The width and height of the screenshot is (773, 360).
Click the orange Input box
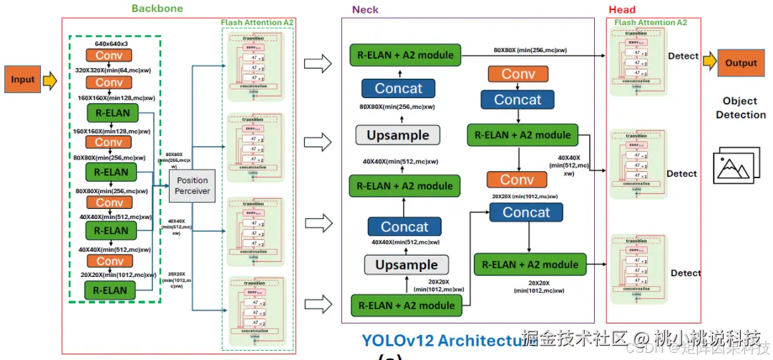22,79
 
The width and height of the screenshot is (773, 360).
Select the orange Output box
741,63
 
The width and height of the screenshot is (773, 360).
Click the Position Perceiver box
193,185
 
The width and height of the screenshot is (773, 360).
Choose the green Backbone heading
157,9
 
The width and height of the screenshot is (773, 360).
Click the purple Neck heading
365,9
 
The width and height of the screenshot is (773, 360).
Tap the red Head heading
621,9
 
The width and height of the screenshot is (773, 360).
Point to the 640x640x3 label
111,43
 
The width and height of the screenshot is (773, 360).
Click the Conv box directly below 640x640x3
110,55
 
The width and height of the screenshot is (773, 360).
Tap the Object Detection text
740,108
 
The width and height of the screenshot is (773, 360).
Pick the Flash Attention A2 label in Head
650,23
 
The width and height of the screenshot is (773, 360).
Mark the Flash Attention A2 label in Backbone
258,23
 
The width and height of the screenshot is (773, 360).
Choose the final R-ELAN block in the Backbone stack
111,290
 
